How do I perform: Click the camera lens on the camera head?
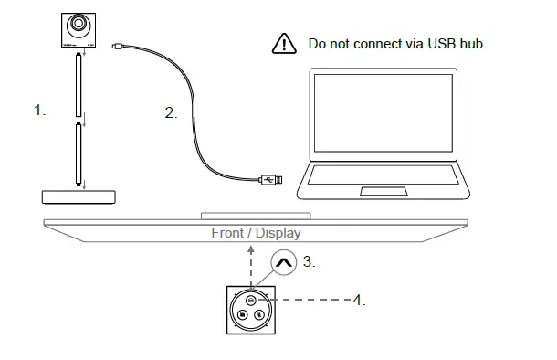(79, 24)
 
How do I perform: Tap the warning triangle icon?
(285, 44)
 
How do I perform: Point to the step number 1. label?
(38, 111)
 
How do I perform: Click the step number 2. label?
(171, 114)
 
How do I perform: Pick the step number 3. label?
(309, 261)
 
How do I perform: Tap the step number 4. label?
(359, 299)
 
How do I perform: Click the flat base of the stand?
(80, 196)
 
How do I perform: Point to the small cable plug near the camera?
(118, 45)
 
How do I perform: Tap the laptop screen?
(383, 114)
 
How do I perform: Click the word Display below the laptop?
(278, 234)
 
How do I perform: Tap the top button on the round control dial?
(250, 299)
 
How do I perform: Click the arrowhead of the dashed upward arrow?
(250, 249)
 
